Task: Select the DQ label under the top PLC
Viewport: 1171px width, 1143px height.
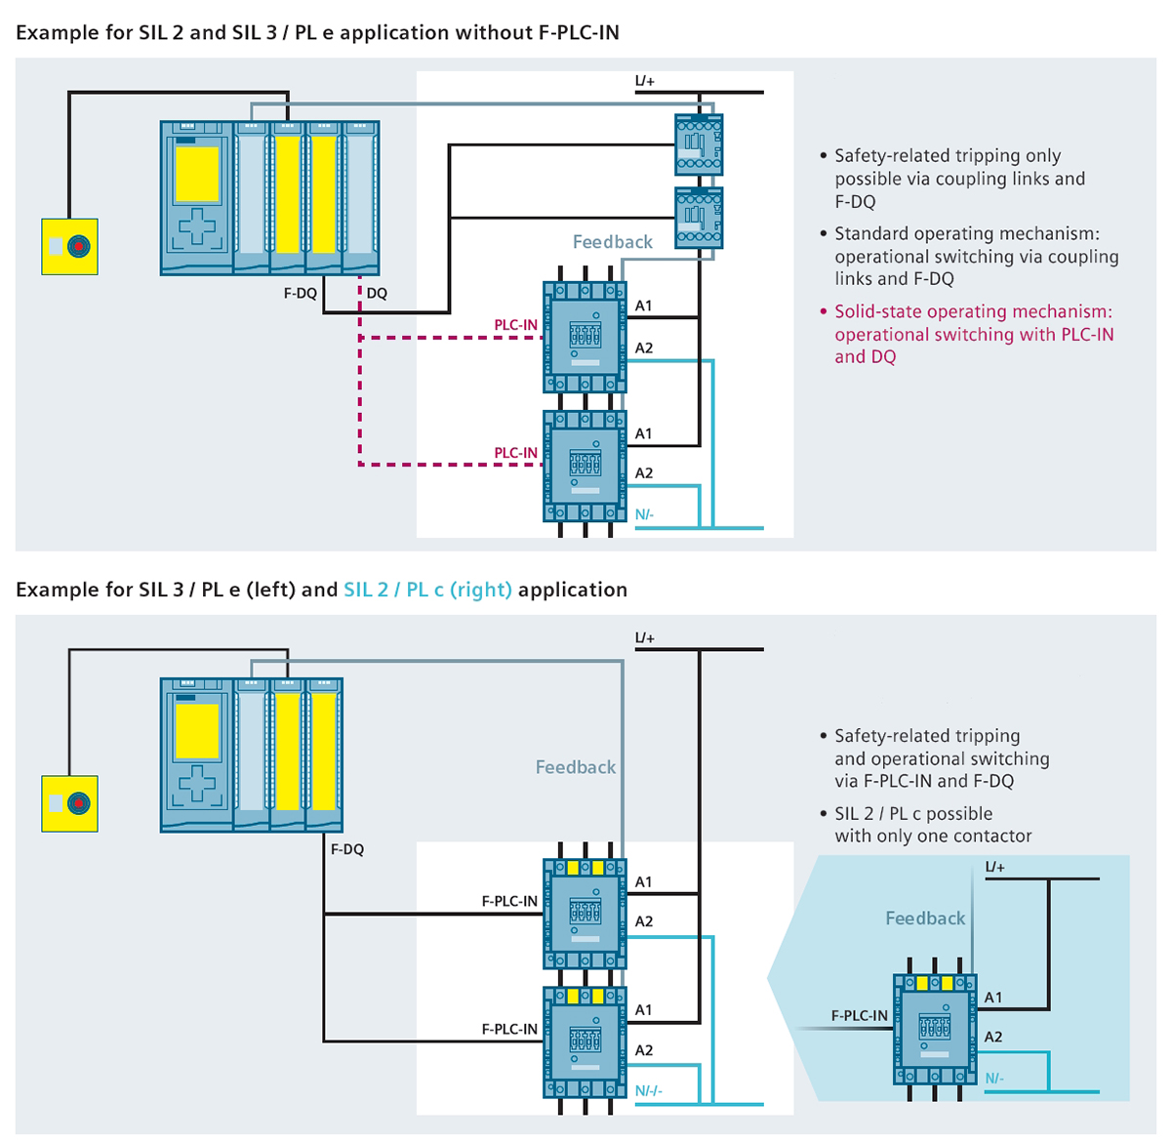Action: click(377, 293)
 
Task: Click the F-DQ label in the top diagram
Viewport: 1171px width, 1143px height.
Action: click(301, 293)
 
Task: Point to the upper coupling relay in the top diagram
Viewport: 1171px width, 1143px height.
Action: click(699, 144)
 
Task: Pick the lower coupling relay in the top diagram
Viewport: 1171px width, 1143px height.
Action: click(699, 219)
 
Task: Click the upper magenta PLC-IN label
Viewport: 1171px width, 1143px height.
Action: click(515, 325)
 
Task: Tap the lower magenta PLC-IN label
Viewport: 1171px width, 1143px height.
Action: click(515, 453)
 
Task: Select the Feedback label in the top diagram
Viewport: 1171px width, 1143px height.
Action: click(612, 242)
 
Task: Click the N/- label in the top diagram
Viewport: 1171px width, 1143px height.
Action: click(644, 514)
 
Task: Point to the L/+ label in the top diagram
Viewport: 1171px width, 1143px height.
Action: click(644, 81)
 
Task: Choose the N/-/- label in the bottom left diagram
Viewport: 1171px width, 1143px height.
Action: click(648, 1090)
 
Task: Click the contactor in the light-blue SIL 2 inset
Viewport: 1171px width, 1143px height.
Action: click(934, 1028)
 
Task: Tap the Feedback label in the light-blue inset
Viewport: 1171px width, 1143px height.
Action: click(924, 918)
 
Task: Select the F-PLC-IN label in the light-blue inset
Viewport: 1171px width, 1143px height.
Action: click(859, 1016)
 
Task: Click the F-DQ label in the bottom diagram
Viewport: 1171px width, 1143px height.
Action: click(346, 849)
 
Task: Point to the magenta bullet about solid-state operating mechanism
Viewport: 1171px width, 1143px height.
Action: click(973, 334)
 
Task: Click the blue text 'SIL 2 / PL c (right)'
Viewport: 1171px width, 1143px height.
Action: click(427, 590)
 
